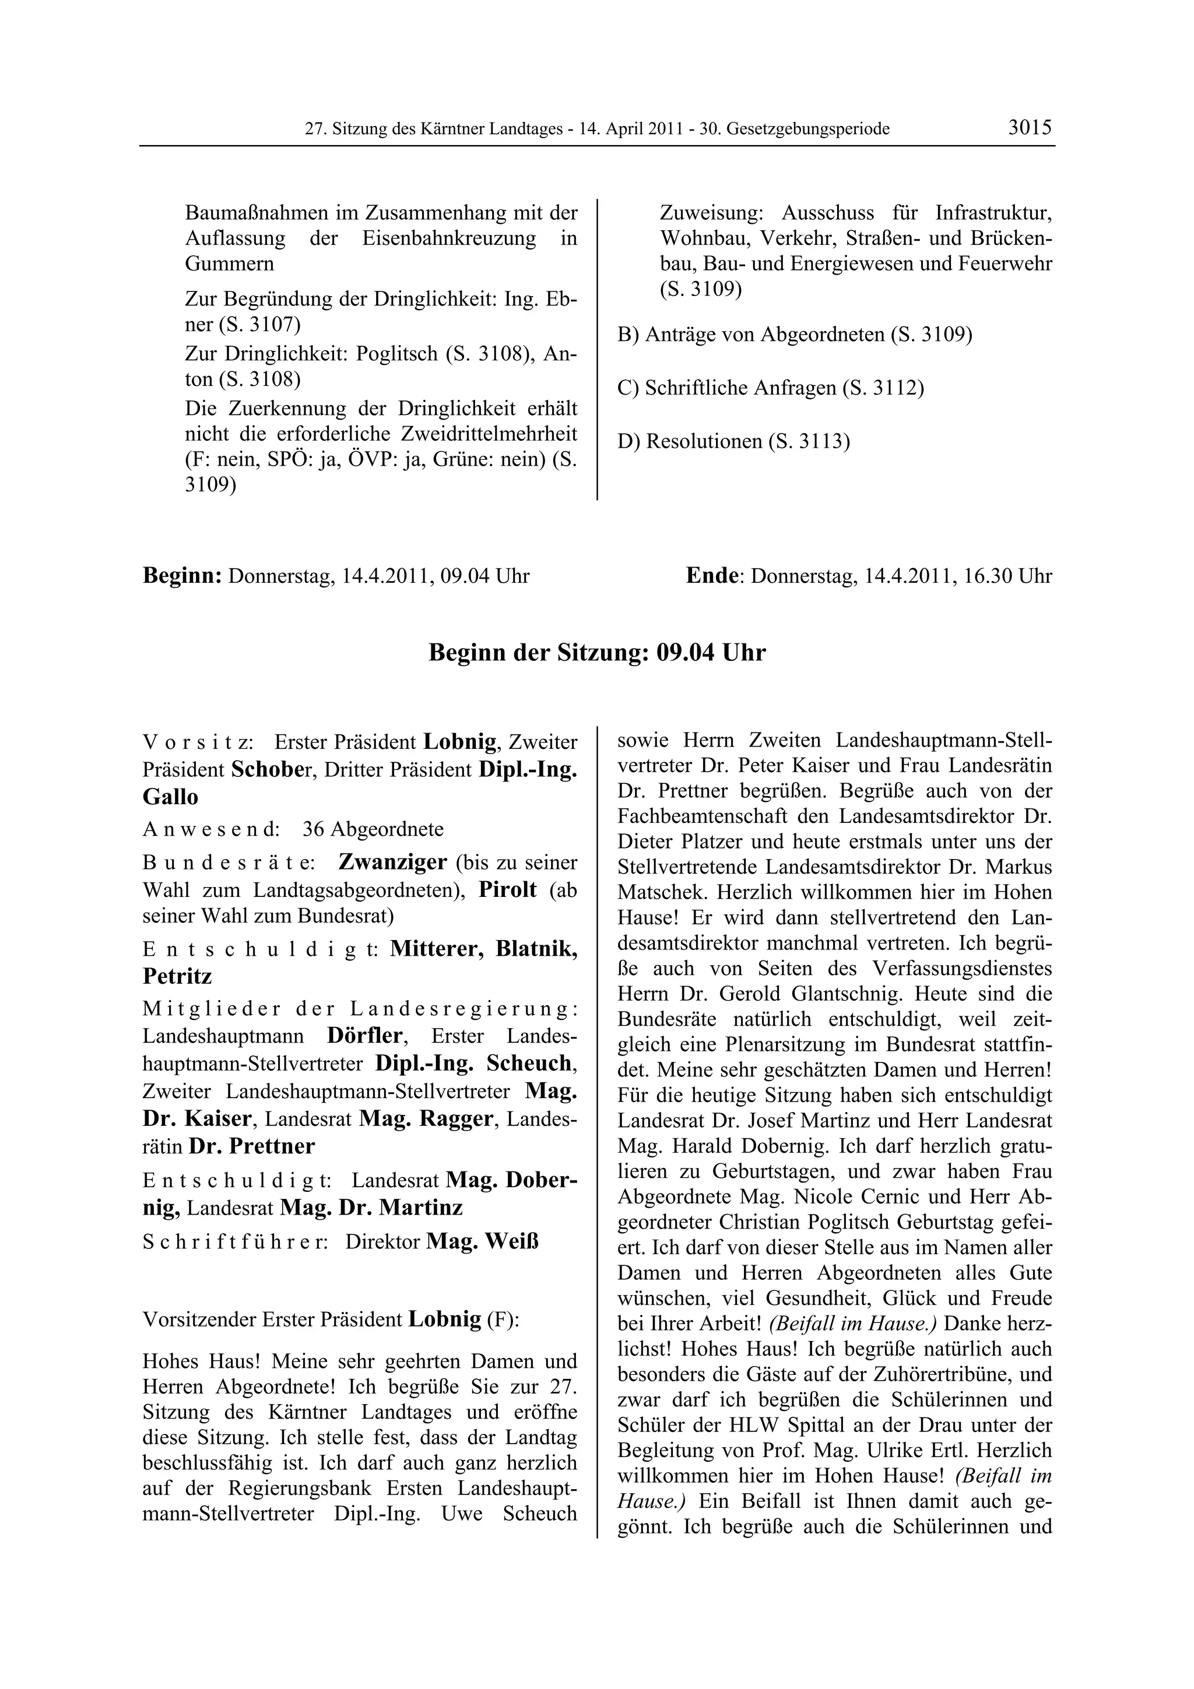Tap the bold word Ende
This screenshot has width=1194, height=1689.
[x=711, y=576]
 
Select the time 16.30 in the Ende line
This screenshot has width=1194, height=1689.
[x=988, y=576]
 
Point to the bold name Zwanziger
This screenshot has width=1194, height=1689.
[x=393, y=861]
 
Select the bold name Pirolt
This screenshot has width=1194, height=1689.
[x=508, y=889]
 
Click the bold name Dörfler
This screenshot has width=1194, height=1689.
[x=366, y=1036]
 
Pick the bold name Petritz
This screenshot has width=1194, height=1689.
[x=177, y=976]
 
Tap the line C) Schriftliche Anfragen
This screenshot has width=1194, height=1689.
[x=770, y=388]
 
